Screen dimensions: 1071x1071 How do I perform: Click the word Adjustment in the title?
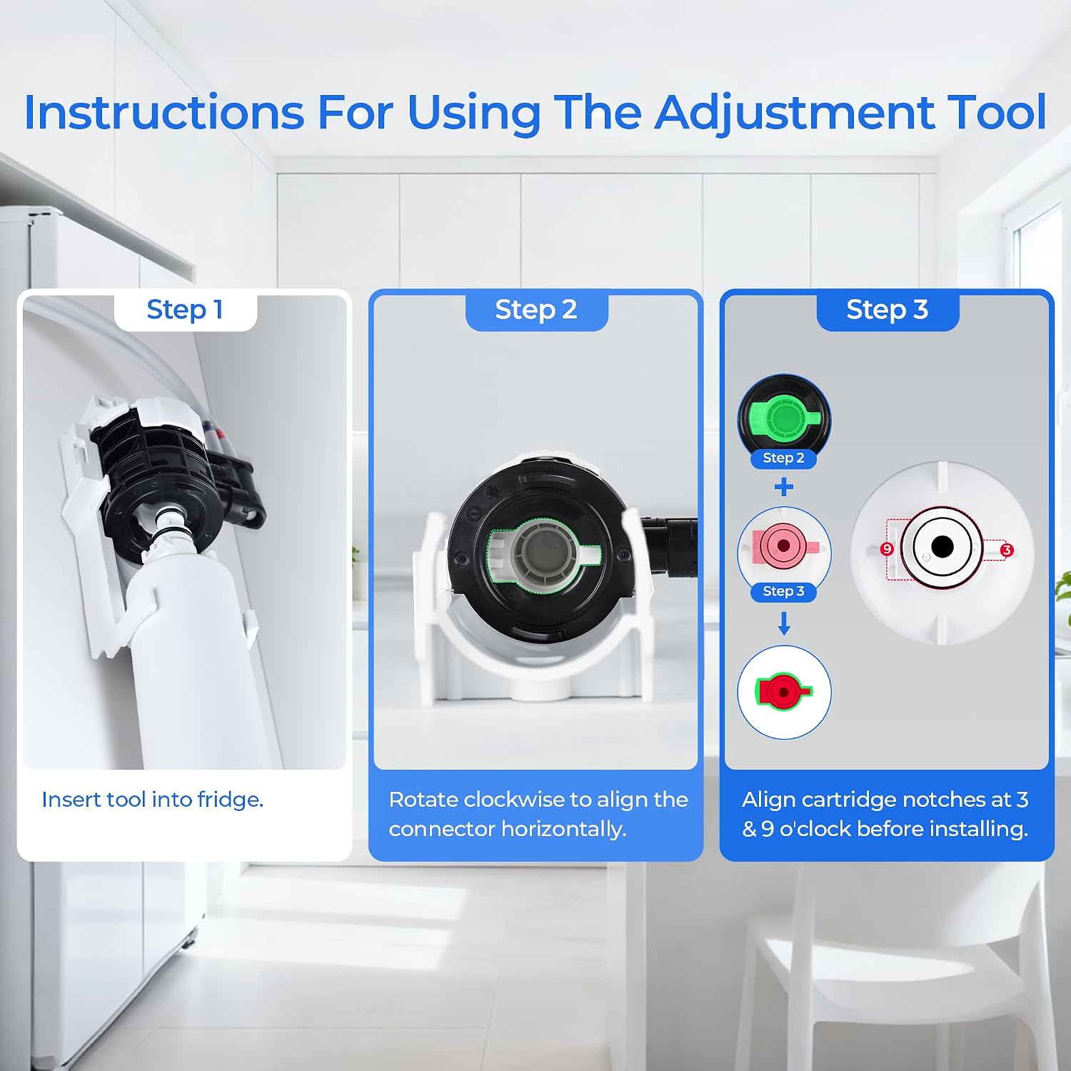point(795,113)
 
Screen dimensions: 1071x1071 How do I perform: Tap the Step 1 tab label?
point(185,311)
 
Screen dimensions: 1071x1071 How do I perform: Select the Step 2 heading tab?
point(536,311)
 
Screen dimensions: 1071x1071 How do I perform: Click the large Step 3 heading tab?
point(888,311)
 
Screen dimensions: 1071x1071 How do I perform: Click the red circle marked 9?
point(887,549)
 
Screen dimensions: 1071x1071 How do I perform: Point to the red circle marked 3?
point(1007,550)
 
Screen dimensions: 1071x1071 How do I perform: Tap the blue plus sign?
point(784,487)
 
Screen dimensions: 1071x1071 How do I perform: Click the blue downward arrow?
point(784,623)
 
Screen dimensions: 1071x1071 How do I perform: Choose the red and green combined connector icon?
point(784,692)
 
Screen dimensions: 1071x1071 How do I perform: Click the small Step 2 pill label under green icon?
point(784,458)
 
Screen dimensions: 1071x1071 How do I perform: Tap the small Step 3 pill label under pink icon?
point(784,592)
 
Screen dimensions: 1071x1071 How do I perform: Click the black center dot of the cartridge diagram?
point(942,547)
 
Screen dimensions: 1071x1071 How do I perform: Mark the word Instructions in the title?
point(165,113)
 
